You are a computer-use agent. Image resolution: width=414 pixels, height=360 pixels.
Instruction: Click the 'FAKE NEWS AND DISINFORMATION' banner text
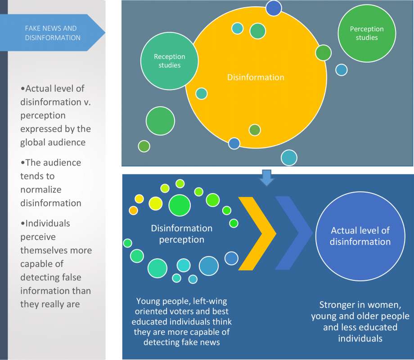click(53, 33)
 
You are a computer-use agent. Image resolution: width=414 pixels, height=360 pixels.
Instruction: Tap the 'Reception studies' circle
click(169, 61)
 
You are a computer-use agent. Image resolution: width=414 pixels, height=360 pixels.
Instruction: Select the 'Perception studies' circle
click(367, 33)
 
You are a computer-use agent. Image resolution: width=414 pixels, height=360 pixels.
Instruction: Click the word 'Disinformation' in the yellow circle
click(256, 77)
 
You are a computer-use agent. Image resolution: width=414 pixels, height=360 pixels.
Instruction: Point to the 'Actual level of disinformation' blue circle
click(360, 236)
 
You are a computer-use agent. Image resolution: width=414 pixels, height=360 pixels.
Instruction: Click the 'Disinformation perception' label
click(182, 234)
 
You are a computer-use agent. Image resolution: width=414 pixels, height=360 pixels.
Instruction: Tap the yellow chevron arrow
click(257, 234)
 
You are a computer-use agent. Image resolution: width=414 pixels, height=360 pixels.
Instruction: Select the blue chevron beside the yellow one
click(294, 233)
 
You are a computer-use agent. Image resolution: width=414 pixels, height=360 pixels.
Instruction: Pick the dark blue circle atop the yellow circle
click(274, 8)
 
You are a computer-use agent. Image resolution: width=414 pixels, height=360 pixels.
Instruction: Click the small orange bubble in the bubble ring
click(133, 211)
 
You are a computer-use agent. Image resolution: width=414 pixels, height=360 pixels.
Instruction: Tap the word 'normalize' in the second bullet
click(41, 189)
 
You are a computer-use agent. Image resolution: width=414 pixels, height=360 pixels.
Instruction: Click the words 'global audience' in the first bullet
click(53, 142)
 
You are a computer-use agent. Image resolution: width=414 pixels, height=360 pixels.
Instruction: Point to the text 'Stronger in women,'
click(360, 305)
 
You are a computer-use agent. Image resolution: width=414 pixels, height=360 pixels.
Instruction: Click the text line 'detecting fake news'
click(182, 342)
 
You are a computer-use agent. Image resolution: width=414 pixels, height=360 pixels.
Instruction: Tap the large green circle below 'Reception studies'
click(160, 121)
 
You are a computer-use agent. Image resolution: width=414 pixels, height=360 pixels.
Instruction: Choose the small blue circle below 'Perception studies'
click(342, 70)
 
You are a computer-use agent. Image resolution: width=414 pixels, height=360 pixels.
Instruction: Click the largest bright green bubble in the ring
click(180, 206)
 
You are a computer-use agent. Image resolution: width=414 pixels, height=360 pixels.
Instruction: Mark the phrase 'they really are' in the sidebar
click(50, 304)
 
